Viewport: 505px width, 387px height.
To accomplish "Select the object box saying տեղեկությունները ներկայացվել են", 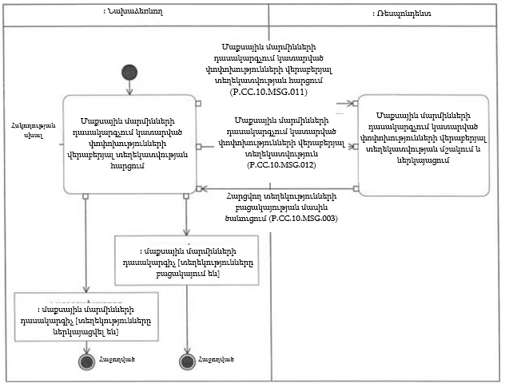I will click(x=85, y=317).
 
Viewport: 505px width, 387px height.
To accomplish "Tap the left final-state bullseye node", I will click(x=85, y=361).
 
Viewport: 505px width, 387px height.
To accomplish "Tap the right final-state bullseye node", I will click(x=188, y=361).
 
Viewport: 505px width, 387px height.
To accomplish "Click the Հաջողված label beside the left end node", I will click(x=117, y=359).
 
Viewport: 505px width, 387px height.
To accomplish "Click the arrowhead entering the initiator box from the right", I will click(x=203, y=189).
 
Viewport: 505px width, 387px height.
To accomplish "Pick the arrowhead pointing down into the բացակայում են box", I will click(x=187, y=231).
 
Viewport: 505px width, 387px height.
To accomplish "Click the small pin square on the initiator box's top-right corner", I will click(x=198, y=104).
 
